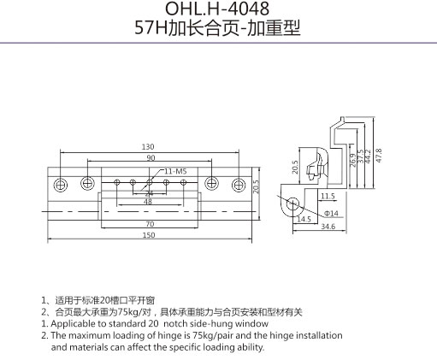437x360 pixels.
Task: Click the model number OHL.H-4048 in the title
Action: pyautogui.click(x=217, y=9)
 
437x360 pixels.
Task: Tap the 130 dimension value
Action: pyautogui.click(x=148, y=147)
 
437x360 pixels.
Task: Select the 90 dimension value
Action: pyautogui.click(x=151, y=158)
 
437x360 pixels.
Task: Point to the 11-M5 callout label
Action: pyautogui.click(x=175, y=171)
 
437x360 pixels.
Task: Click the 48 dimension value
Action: pyautogui.click(x=148, y=202)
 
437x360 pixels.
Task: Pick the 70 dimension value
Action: pyautogui.click(x=150, y=224)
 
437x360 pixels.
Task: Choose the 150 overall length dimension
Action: pyautogui.click(x=149, y=235)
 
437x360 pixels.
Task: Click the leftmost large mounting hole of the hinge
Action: pyautogui.click(x=61, y=185)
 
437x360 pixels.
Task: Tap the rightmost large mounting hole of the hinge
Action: pyautogui.click(x=239, y=185)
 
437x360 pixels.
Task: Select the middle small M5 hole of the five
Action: pyautogui.click(x=150, y=182)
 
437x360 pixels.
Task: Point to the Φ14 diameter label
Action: pyautogui.click(x=331, y=213)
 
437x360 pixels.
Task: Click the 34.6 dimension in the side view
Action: pyautogui.click(x=328, y=227)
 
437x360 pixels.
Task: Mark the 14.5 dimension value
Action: pyautogui.click(x=304, y=219)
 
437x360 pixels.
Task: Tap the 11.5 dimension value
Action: pyautogui.click(x=328, y=196)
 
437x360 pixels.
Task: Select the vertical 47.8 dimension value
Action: pyautogui.click(x=379, y=156)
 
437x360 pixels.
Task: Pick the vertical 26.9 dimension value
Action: pyautogui.click(x=353, y=160)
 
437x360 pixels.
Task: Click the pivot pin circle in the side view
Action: pyautogui.click(x=292, y=204)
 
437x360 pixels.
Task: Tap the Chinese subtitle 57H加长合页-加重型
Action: pyautogui.click(x=217, y=28)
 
